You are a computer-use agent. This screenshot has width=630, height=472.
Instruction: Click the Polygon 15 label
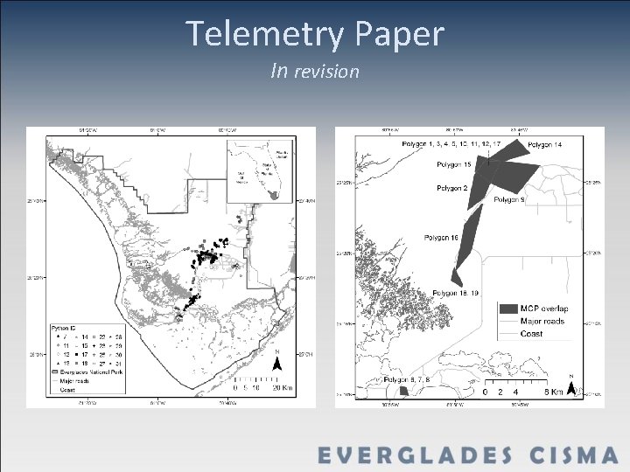click(455, 164)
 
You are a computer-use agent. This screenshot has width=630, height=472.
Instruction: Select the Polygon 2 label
click(453, 188)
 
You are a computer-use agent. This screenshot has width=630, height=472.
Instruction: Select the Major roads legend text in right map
click(543, 321)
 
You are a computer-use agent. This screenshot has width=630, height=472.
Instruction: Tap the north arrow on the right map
click(572, 388)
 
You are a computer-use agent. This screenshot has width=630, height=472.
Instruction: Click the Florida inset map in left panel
click(262, 175)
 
